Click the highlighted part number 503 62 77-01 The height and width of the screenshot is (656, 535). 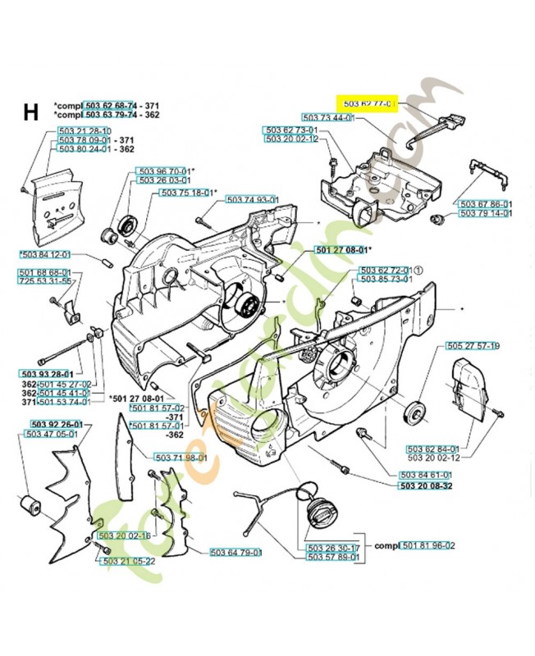[x=368, y=104]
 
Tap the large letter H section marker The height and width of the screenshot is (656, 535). [x=30, y=112]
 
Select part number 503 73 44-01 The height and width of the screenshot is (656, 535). [x=327, y=118]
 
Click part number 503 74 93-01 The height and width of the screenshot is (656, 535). [x=253, y=199]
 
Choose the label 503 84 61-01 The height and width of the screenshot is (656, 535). [x=425, y=475]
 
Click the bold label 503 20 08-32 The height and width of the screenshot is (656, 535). [x=425, y=485]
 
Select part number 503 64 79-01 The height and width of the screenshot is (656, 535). [x=235, y=552]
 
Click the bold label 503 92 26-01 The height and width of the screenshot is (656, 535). [x=57, y=424]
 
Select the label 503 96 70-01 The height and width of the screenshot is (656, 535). [x=163, y=171]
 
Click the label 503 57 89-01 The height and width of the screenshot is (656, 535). [x=333, y=557]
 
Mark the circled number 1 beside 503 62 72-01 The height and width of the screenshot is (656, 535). [x=418, y=270]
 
